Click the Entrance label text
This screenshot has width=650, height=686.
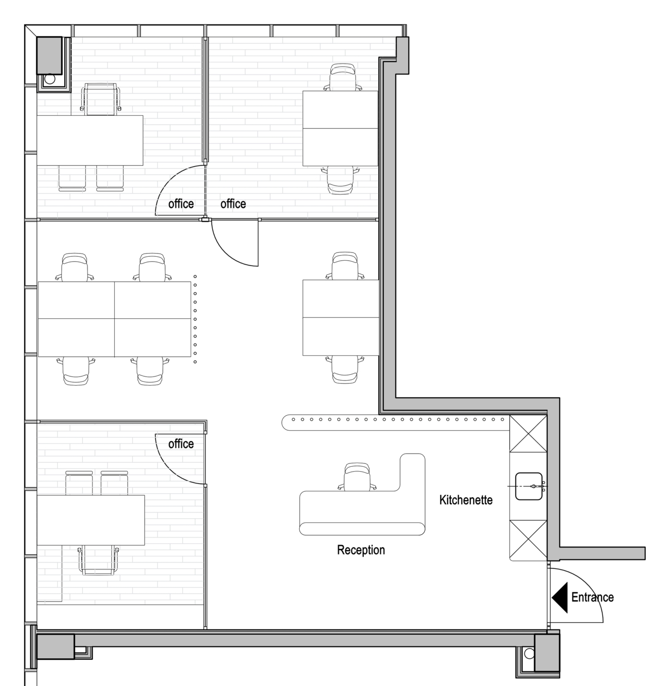[592, 597]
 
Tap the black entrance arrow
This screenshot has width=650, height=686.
[560, 598]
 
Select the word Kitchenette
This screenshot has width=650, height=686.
[466, 500]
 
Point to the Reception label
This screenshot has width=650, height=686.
[361, 550]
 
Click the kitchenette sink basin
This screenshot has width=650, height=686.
[529, 486]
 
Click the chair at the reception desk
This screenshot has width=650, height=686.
[357, 477]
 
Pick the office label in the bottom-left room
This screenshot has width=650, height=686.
[181, 444]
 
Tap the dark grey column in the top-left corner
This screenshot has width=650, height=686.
[49, 55]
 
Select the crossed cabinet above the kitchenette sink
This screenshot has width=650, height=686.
[528, 434]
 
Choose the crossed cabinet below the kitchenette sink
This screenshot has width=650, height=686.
[528, 539]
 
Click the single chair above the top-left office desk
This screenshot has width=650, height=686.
[101, 99]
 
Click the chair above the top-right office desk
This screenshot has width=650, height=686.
[343, 77]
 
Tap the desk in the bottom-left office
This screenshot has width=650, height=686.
[91, 520]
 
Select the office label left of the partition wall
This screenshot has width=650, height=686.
[181, 204]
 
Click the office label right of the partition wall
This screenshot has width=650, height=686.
[233, 204]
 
